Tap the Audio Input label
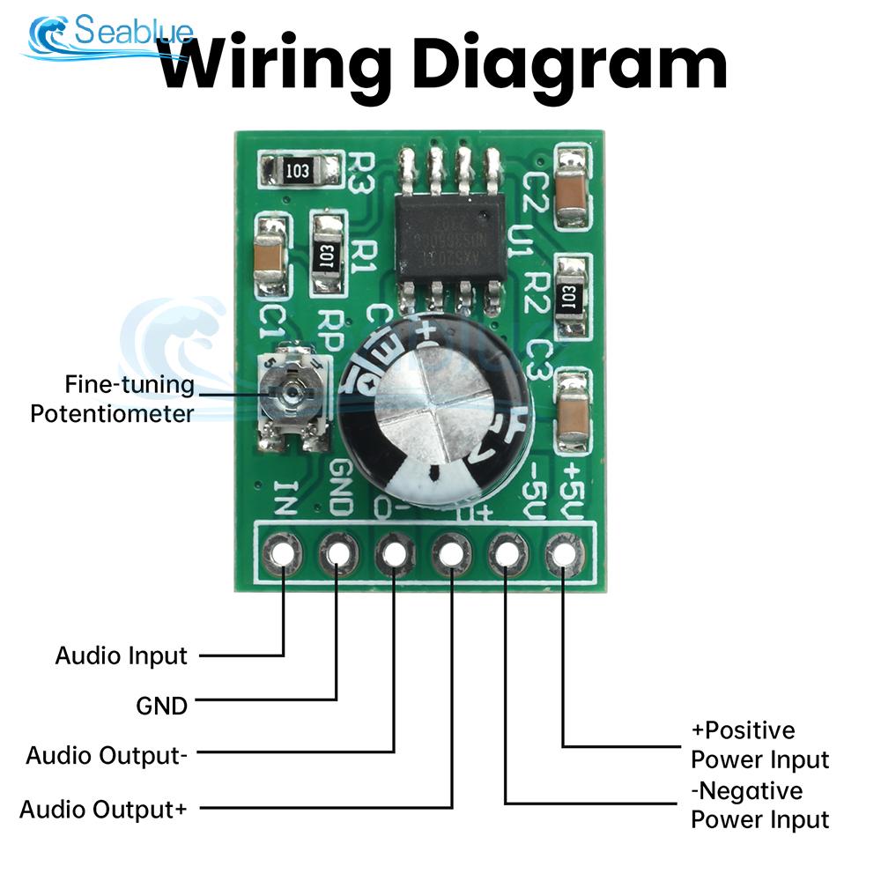tap(121, 655)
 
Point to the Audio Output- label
tap(106, 756)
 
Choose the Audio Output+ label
tap(102, 809)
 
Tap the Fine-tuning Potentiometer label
tap(112, 398)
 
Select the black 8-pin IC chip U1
tap(449, 231)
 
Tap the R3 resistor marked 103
tap(299, 169)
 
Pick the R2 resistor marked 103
tap(572, 296)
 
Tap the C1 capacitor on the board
tap(270, 256)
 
